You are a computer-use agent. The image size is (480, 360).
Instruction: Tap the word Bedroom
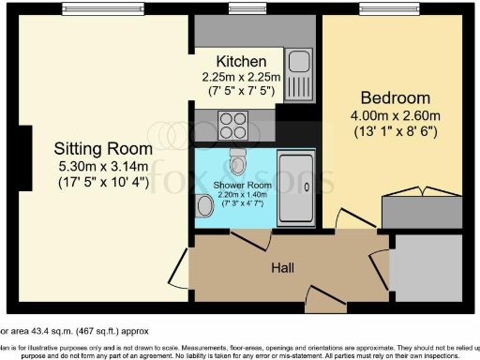pos(395,98)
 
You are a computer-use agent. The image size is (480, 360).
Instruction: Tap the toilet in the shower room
pos(239,165)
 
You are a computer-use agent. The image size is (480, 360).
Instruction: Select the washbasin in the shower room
pos(204,204)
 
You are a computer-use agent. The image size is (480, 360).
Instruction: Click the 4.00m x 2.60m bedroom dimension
pos(395,116)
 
